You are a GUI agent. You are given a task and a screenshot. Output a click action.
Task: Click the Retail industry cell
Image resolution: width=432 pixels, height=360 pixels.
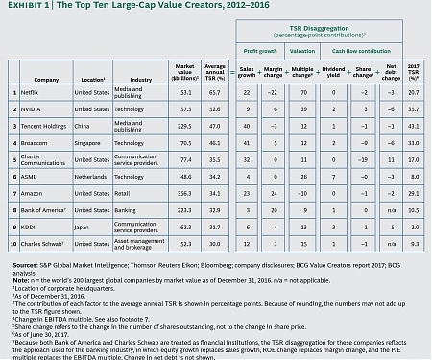pos(124,193)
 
